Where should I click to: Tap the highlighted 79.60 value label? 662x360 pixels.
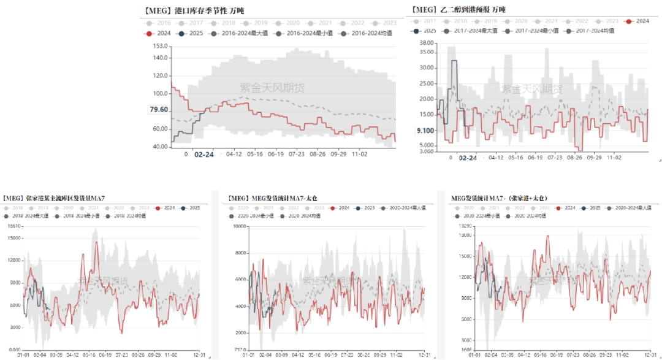[x=158, y=110]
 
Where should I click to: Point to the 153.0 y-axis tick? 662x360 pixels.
[x=159, y=46]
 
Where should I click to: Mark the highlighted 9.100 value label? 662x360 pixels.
[x=425, y=131]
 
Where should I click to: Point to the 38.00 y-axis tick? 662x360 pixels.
[x=425, y=43]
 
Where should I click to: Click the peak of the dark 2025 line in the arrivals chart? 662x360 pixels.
[x=454, y=61]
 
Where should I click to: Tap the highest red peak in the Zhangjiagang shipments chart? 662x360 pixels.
[x=96, y=243]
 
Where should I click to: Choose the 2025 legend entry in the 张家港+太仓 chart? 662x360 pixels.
[x=592, y=209]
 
